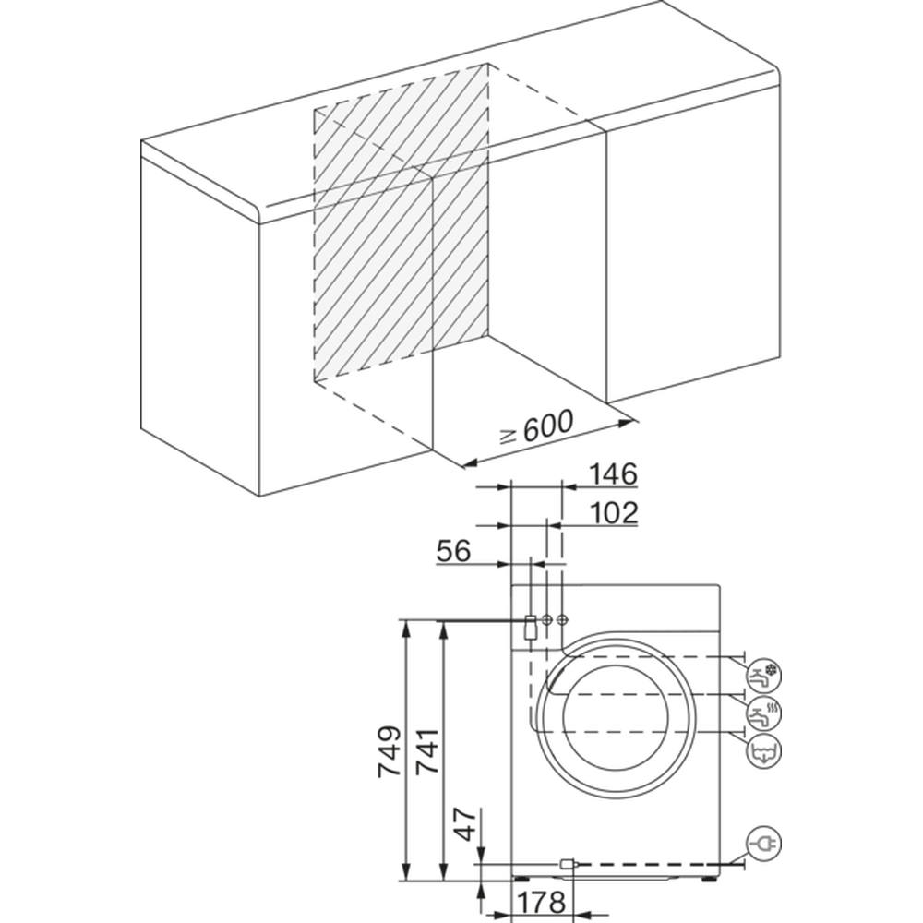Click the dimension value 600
(547, 426)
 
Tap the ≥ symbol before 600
(509, 436)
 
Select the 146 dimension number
(613, 474)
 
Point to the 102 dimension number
(613, 512)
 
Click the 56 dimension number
(454, 551)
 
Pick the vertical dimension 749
(390, 751)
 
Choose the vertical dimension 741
(428, 751)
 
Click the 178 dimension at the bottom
(541, 901)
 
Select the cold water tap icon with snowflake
(763, 676)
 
